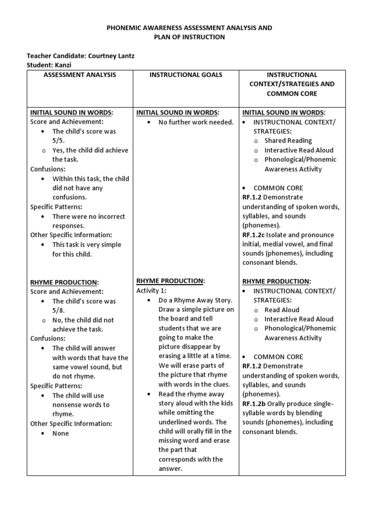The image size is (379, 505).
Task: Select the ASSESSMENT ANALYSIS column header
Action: [x=80, y=74]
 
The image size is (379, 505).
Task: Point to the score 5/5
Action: [x=60, y=141]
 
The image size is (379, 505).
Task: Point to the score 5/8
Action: [x=60, y=310]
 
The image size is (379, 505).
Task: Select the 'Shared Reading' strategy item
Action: [x=288, y=141]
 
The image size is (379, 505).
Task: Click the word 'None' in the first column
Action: [x=61, y=433]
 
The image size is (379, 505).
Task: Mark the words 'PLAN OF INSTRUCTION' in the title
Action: [x=189, y=37]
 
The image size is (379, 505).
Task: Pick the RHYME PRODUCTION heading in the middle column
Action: [x=170, y=281]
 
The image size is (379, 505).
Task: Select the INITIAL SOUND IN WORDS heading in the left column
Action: [x=71, y=112]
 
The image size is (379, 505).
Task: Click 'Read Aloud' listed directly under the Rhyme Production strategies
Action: [x=282, y=310]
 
